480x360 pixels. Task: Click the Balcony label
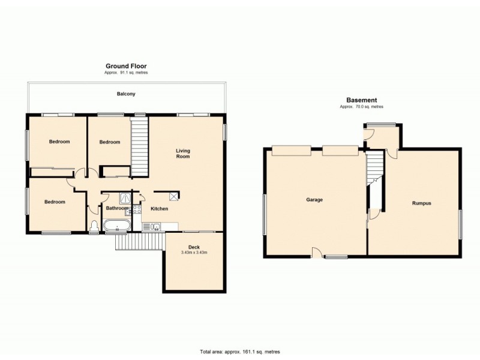[126, 94]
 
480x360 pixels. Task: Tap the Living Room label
[183, 153]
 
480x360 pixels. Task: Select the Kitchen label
[159, 209]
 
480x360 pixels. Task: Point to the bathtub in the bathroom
[116, 227]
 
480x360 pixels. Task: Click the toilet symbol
[94, 227]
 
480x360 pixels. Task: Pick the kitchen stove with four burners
[136, 209]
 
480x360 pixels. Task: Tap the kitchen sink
[154, 226]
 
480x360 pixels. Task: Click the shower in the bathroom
[125, 197]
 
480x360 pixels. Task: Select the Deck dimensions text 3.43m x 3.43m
[194, 253]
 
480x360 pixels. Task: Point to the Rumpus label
[421, 203]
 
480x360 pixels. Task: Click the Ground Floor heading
[126, 66]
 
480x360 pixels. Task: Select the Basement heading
[361, 100]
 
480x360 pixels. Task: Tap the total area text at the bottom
[240, 352]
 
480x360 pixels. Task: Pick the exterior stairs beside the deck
[139, 242]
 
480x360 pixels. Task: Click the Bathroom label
[117, 208]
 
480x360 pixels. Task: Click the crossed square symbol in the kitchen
[174, 196]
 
